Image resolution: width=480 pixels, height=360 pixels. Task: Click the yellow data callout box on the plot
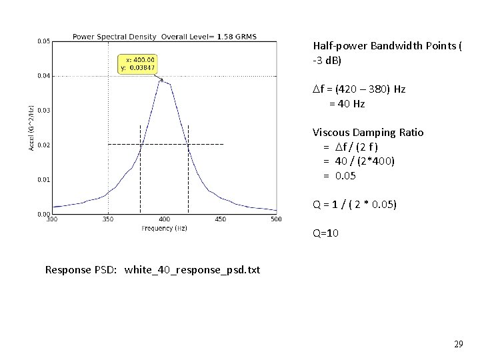pyautogui.click(x=139, y=64)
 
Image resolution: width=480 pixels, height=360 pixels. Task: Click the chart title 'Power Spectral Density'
pyautogui.click(x=115, y=36)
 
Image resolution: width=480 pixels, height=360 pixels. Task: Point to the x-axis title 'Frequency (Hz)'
pyautogui.click(x=164, y=228)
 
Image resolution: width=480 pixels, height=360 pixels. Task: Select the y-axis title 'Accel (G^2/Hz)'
pyautogui.click(x=31, y=127)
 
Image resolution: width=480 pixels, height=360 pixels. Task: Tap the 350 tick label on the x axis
pyautogui.click(x=108, y=219)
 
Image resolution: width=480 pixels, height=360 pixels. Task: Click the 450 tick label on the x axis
pyautogui.click(x=220, y=219)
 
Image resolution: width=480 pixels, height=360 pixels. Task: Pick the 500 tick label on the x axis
pyautogui.click(x=275, y=219)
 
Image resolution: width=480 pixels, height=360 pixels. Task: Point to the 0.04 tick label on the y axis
pyautogui.click(x=43, y=76)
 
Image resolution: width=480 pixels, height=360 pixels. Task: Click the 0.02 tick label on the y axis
pyautogui.click(x=43, y=145)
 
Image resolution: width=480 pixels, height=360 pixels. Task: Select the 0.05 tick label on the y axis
pyautogui.click(x=43, y=41)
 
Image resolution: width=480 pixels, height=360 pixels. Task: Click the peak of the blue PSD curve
pyautogui.click(x=160, y=81)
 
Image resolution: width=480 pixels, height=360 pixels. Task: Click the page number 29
pyautogui.click(x=458, y=345)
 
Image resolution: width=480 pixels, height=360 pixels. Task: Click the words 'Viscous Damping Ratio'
pyautogui.click(x=368, y=132)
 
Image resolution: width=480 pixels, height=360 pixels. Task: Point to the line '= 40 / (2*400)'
pyautogui.click(x=357, y=161)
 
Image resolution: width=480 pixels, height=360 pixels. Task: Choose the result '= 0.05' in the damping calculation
pyautogui.click(x=340, y=176)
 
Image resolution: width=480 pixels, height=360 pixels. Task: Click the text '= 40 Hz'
pyautogui.click(x=347, y=104)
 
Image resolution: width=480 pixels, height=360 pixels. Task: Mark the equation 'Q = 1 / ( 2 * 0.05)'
pyautogui.click(x=355, y=205)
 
